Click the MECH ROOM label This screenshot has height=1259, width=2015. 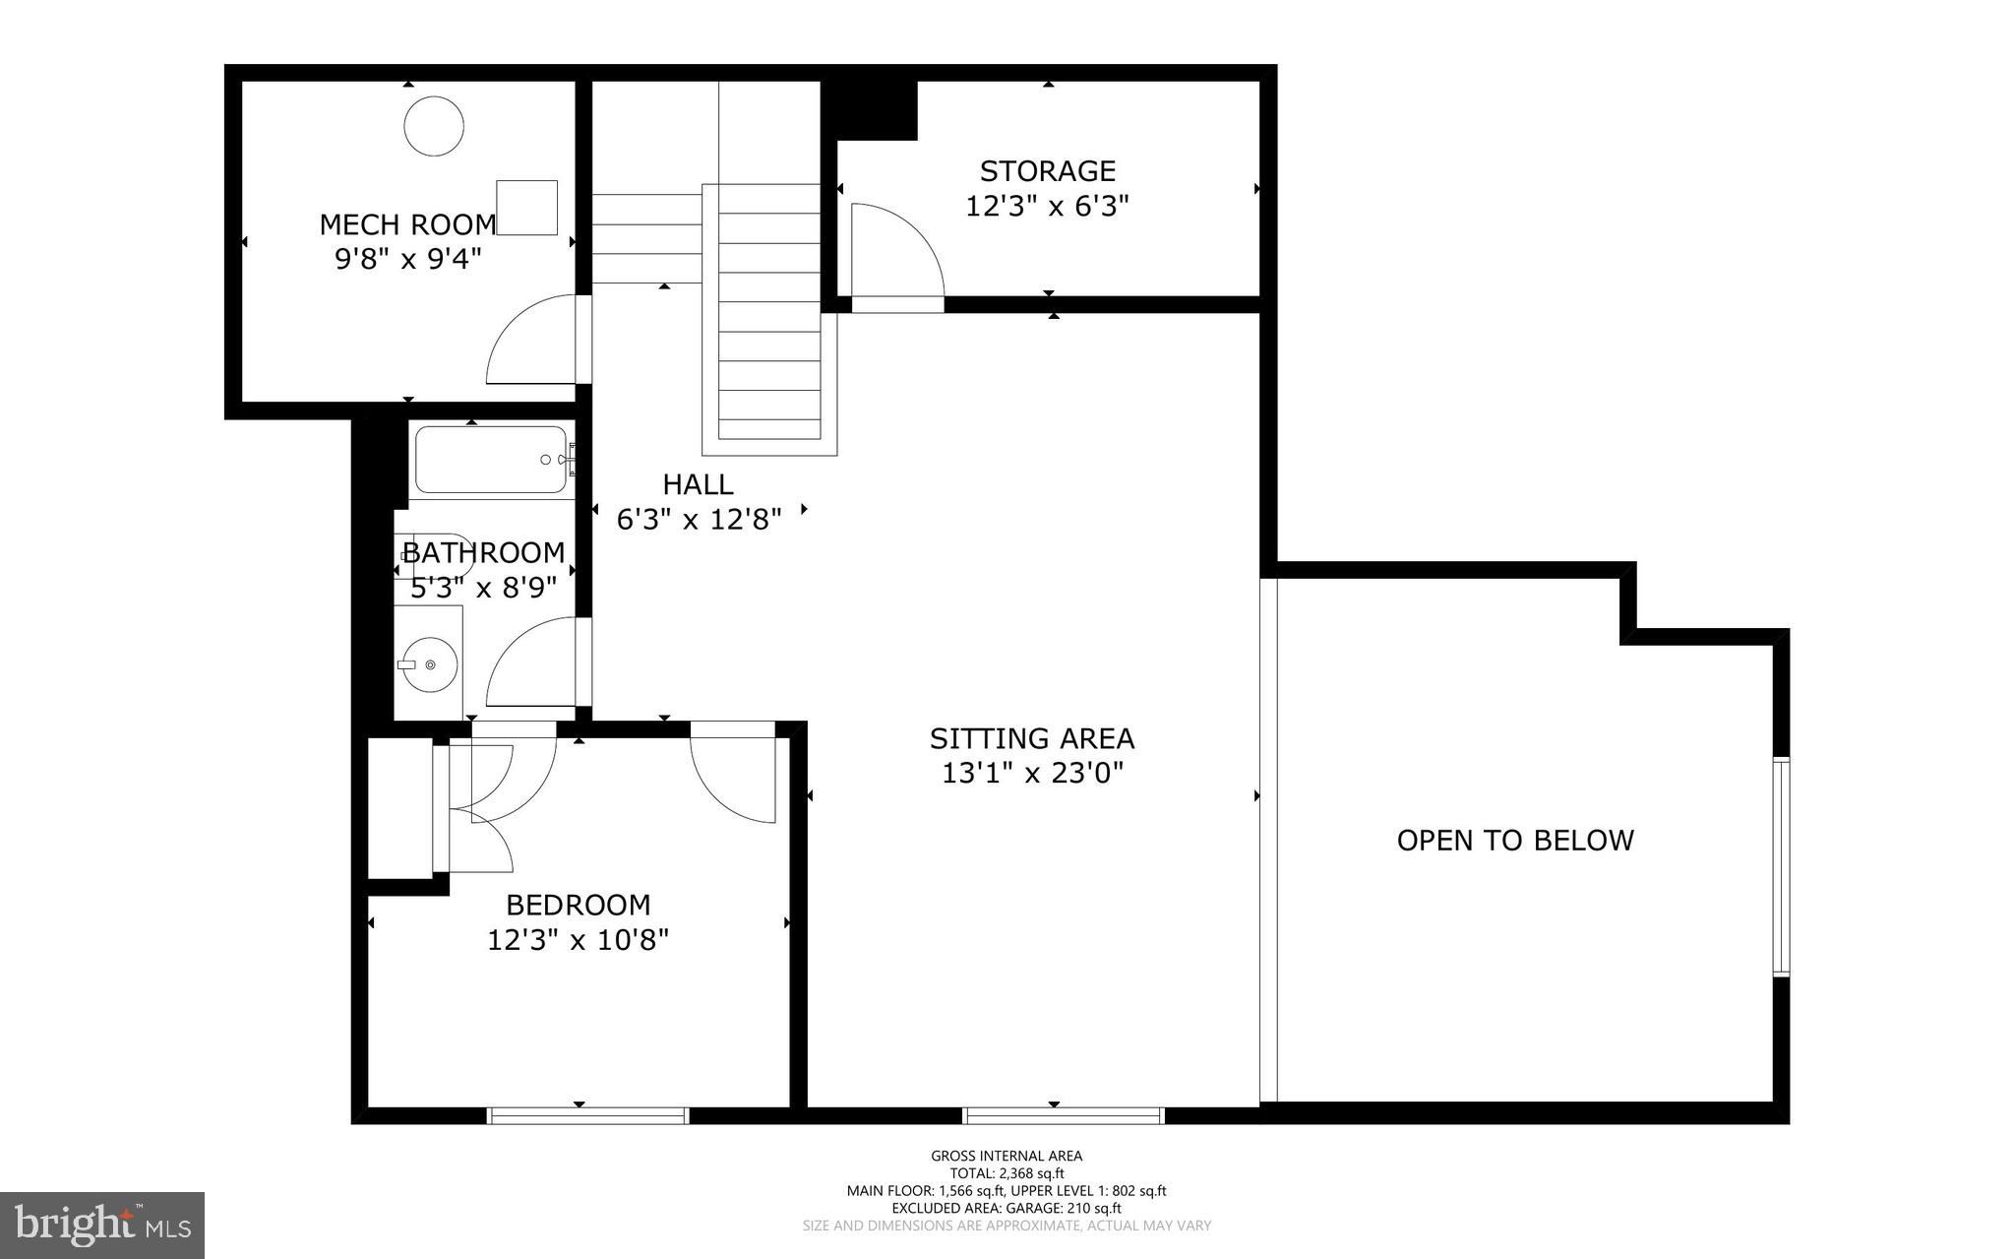click(407, 224)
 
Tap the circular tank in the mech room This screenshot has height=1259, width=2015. click(434, 125)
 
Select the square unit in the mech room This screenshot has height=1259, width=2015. click(526, 208)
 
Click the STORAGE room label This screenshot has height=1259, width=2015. click(1047, 171)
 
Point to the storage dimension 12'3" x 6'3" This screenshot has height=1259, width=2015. click(1047, 207)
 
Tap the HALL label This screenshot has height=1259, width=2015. click(698, 484)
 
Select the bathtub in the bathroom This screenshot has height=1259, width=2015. click(491, 460)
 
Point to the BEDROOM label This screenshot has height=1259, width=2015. click(579, 905)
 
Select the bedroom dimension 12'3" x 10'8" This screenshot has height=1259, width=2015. click(579, 940)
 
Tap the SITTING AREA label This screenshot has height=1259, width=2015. click(1032, 738)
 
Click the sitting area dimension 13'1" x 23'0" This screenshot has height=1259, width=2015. click(1032, 774)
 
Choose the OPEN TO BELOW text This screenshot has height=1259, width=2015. click(1515, 840)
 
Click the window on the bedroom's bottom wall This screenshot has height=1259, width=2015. click(588, 1115)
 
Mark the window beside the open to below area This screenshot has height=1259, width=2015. click(1782, 866)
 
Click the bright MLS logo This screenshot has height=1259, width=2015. click(102, 1226)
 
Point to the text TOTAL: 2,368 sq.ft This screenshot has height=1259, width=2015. click(1007, 1173)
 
